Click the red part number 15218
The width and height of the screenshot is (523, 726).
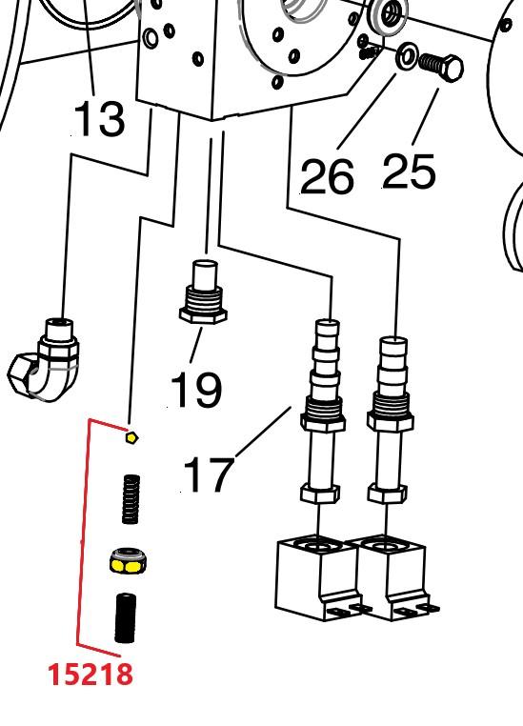click(x=91, y=675)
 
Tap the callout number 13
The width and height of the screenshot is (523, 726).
click(x=99, y=118)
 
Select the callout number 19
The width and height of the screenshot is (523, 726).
click(x=196, y=390)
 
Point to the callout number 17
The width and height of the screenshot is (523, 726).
click(x=209, y=474)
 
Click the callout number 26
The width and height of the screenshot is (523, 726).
click(x=327, y=176)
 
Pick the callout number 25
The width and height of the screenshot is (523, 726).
click(x=409, y=171)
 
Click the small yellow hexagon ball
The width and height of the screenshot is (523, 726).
click(x=131, y=437)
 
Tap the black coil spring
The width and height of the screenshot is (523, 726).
click(x=131, y=499)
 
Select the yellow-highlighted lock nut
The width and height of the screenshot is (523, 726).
click(x=129, y=560)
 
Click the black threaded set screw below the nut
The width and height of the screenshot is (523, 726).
click(x=125, y=618)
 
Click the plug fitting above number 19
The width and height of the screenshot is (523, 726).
click(x=203, y=292)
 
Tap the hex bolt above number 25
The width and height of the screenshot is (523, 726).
click(x=441, y=68)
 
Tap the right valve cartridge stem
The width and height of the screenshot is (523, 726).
click(x=390, y=420)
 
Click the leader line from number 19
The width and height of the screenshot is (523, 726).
click(x=196, y=345)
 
